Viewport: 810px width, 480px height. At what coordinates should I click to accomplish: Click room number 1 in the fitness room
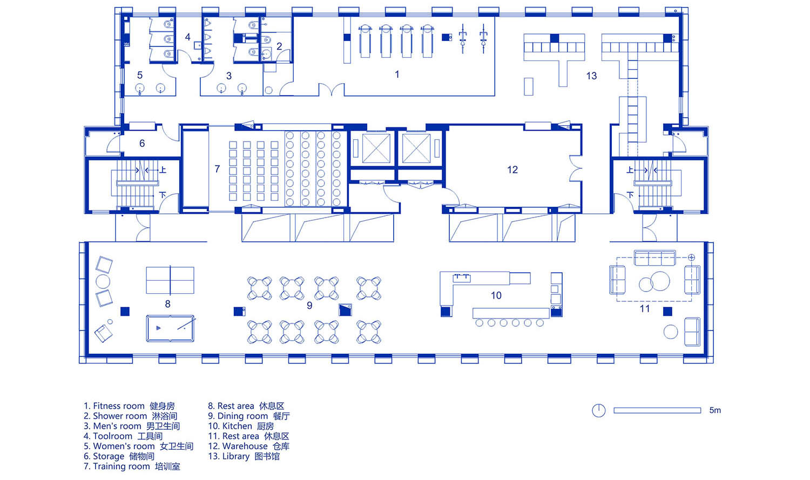pos(397,75)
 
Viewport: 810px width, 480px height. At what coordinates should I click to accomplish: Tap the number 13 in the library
pos(591,76)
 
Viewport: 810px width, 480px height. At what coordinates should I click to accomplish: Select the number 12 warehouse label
pos(512,170)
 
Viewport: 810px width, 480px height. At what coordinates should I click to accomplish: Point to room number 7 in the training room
pos(217,169)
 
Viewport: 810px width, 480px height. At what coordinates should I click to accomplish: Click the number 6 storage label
pos(142,144)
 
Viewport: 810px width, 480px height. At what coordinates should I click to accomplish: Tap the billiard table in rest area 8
pos(170,329)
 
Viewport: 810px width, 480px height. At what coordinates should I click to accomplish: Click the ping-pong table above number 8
pos(170,280)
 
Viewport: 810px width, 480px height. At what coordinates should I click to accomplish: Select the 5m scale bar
pos(657,410)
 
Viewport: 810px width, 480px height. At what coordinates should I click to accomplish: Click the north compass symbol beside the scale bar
pos(599,410)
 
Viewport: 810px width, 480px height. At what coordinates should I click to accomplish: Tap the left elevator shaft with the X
pos(376,148)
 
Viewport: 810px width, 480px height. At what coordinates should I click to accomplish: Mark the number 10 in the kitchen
pos(496,296)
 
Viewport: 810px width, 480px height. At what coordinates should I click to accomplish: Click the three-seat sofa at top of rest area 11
pos(655,258)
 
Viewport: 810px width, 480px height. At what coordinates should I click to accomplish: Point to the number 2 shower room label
pos(279,46)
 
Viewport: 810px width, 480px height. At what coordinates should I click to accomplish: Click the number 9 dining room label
pos(309,306)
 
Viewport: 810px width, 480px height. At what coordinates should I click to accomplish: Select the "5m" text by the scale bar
pos(715,410)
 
